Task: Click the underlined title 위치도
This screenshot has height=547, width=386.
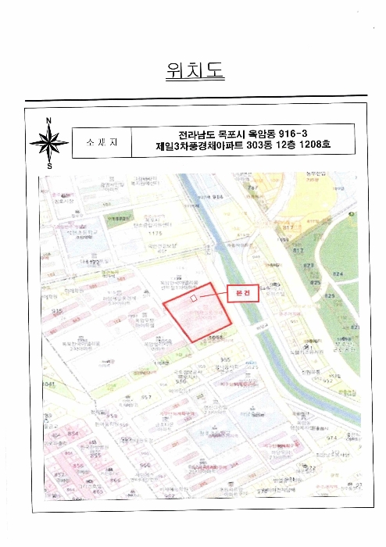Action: pos(195,71)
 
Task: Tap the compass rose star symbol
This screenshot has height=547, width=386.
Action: pos(49,143)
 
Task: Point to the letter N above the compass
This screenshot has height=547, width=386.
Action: pos(49,120)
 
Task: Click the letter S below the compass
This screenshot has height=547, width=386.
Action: pos(49,166)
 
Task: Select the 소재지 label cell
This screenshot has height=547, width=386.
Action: pos(101,143)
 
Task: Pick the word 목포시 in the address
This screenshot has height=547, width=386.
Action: pos(230,133)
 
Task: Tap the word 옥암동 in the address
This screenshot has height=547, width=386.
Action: pos(263,133)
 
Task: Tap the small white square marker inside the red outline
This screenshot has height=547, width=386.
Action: pos(195,299)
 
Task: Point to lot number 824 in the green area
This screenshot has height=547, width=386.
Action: pos(338,274)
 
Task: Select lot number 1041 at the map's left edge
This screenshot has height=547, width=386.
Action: pos(49,384)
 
